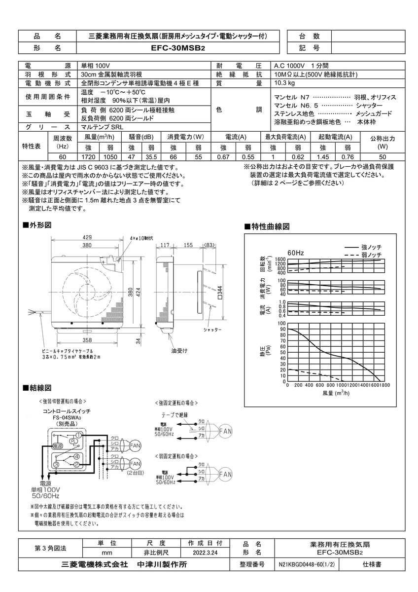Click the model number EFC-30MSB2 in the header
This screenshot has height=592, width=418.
coord(178,48)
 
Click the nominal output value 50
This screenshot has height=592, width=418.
coord(383,156)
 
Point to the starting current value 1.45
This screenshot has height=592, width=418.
coord(322,156)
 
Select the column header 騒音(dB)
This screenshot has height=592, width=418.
coord(141,137)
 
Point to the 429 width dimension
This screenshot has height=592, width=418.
coord(87,238)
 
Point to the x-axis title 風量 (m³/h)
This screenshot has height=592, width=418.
coord(336,393)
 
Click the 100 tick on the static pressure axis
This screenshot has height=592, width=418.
coord(282,329)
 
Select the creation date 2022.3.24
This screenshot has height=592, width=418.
coord(205,554)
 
